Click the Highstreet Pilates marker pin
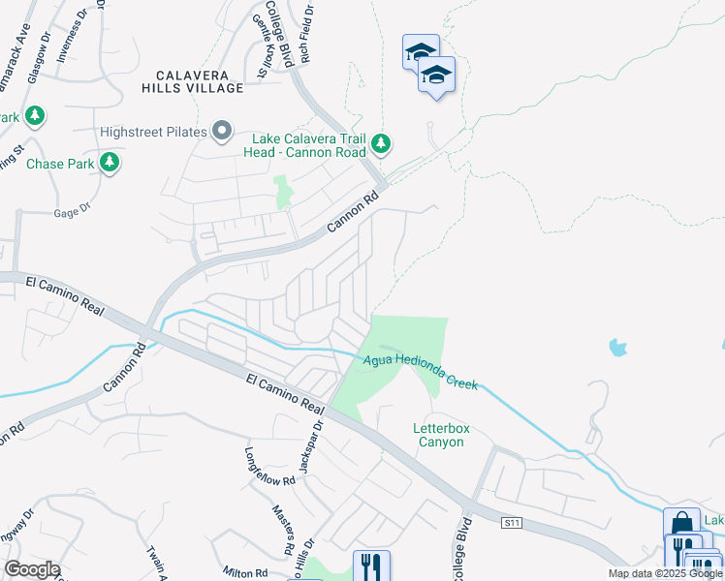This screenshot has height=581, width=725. pos(222,131)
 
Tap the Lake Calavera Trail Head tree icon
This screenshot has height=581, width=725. pos(381,144)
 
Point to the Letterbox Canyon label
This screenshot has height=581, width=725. pos(438,434)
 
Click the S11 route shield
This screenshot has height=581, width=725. pos(512,523)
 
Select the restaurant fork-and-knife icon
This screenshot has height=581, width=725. pos(371,566)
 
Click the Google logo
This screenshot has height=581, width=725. pos(32,569)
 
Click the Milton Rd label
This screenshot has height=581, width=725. pos(245,573)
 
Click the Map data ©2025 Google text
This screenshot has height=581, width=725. pos(664,573)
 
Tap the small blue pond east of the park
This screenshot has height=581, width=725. pos(617,346)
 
